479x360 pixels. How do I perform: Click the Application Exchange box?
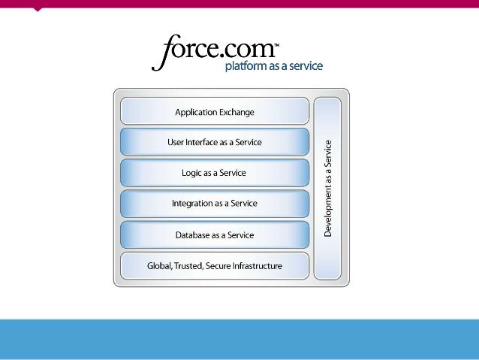pyautogui.click(x=215, y=111)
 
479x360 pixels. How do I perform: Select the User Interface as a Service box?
pyautogui.click(x=215, y=142)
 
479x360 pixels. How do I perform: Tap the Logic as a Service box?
pyautogui.click(x=215, y=173)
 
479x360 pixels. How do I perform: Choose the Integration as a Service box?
pyautogui.click(x=215, y=204)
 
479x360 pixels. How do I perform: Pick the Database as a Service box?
pyautogui.click(x=215, y=234)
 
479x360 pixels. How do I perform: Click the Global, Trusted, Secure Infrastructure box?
pyautogui.click(x=215, y=265)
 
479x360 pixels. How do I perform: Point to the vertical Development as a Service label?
pyautogui.click(x=328, y=188)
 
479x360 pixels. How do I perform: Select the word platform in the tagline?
pyautogui.click(x=246, y=67)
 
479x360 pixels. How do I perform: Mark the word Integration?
pyautogui.click(x=193, y=204)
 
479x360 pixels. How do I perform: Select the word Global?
pyautogui.click(x=160, y=265)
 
